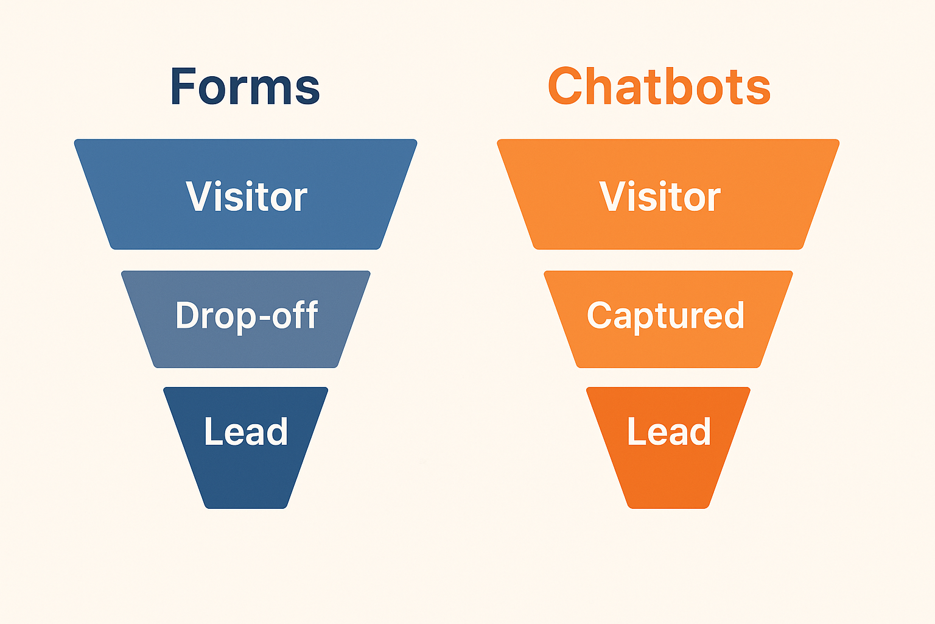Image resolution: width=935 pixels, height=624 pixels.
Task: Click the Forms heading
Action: [x=245, y=87]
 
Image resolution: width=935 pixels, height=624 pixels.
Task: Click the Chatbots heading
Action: [x=659, y=87]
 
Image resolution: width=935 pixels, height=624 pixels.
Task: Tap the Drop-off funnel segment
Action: [x=246, y=347]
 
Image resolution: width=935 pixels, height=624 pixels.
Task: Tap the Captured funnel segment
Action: [x=668, y=347]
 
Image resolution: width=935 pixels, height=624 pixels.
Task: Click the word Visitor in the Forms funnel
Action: [x=247, y=197]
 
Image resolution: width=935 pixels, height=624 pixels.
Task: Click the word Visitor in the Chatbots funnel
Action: [x=660, y=197]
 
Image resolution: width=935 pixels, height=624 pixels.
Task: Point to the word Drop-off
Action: [x=247, y=315]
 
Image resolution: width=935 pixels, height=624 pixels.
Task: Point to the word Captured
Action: [x=665, y=316]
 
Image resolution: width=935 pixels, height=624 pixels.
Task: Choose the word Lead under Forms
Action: [x=246, y=431]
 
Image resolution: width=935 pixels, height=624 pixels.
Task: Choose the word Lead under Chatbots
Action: [x=669, y=431]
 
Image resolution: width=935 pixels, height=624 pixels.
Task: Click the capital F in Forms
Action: [x=183, y=87]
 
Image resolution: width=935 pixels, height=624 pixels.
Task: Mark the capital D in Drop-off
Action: [x=187, y=315]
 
